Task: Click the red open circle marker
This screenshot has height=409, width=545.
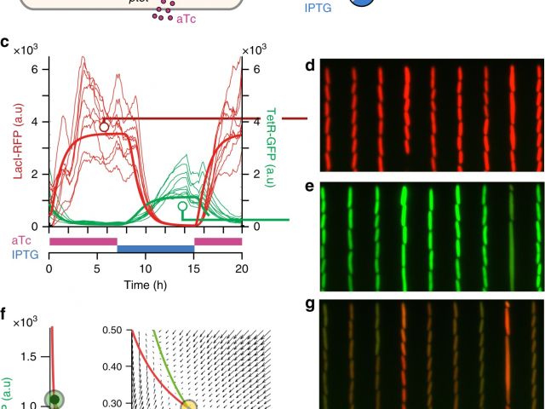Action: [x=104, y=127]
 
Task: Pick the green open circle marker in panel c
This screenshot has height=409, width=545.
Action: [x=181, y=206]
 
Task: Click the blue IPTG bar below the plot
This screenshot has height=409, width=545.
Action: [x=156, y=249]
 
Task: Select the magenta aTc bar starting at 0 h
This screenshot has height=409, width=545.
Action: [x=83, y=241]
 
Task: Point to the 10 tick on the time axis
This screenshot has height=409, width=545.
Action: [x=145, y=266]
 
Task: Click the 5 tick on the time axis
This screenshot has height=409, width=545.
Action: [x=97, y=266]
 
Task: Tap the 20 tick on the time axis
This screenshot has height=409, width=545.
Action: [x=242, y=266]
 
